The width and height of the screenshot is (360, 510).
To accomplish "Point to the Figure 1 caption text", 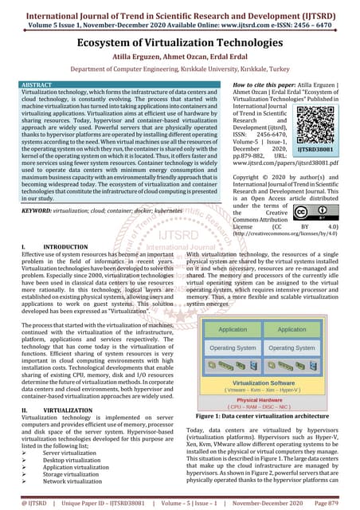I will tap(263, 416).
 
